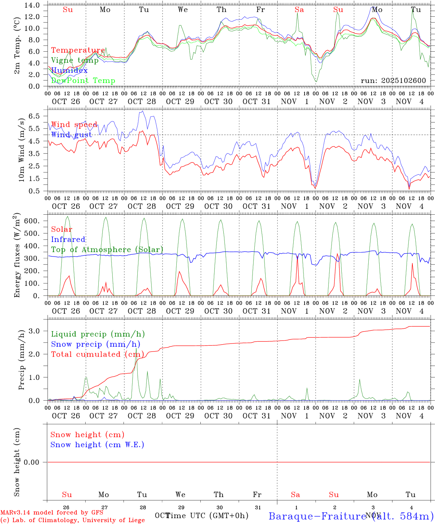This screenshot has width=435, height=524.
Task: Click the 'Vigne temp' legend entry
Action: click(x=75, y=60)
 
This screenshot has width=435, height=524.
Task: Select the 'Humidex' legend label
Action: click(x=69, y=71)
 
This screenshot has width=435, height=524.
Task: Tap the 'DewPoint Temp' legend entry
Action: click(x=83, y=81)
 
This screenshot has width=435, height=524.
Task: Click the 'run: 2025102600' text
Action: click(x=393, y=81)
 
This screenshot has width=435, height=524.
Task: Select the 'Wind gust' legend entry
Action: click(x=71, y=135)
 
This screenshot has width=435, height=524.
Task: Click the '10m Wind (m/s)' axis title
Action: click(x=21, y=149)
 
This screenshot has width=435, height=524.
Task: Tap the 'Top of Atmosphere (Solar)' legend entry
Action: click(x=107, y=250)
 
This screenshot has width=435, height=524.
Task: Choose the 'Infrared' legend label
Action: click(x=68, y=239)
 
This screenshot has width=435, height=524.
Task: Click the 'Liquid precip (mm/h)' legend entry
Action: click(x=98, y=334)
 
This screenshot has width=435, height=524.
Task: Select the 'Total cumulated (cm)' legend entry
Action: click(x=97, y=354)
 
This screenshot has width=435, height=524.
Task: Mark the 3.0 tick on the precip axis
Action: click(x=36, y=331)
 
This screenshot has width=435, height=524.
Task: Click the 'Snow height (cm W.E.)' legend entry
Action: click(x=97, y=445)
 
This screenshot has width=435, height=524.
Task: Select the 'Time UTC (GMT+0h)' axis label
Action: click(x=207, y=516)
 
